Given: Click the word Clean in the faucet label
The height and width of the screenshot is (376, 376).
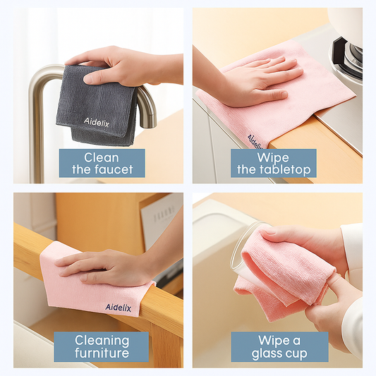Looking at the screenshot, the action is (x=101, y=158).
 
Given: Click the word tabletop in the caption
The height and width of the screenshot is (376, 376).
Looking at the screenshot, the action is (x=285, y=169).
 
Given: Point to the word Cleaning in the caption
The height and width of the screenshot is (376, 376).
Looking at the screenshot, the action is (x=102, y=341).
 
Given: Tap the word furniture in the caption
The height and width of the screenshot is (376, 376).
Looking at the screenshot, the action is (x=102, y=353).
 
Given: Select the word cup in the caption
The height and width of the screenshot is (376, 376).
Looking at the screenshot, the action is (x=296, y=354).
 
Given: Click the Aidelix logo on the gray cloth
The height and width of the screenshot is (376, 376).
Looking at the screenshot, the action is (x=97, y=122).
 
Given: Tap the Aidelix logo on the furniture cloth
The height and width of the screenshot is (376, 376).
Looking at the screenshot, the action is (x=119, y=307).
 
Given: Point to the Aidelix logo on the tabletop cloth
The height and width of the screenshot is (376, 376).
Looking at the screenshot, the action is (x=255, y=142).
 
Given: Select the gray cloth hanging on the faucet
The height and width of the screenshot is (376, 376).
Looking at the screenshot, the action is (x=96, y=106).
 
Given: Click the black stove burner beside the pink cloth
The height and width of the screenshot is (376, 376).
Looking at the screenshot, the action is (x=346, y=58).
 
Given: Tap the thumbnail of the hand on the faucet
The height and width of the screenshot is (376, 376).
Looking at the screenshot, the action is (x=88, y=80).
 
